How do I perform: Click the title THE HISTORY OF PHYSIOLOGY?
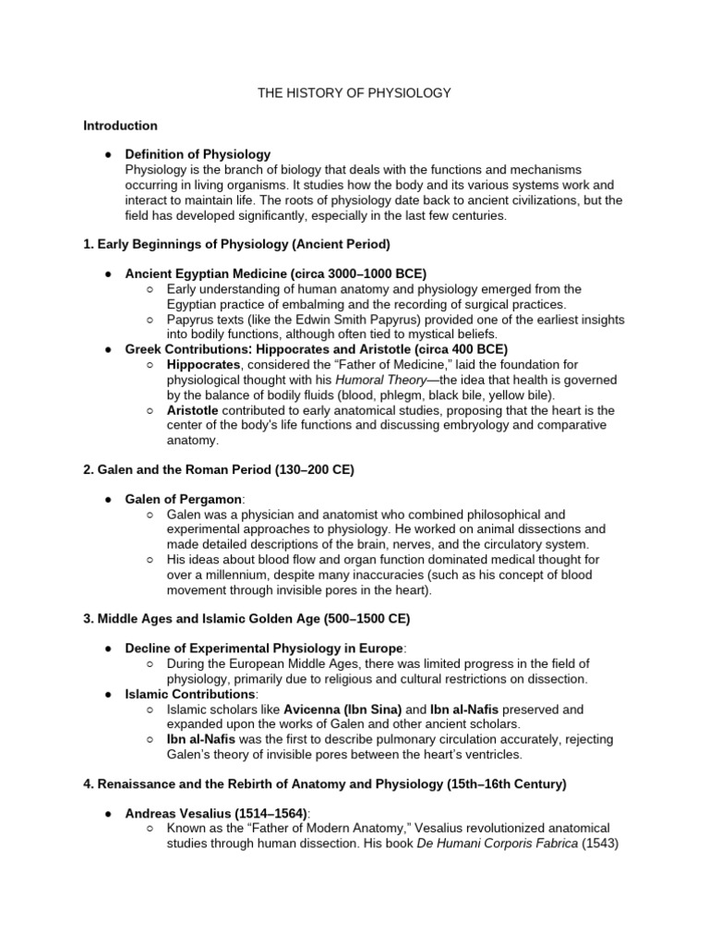pyautogui.click(x=354, y=93)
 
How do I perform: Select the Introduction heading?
pyautogui.click(x=120, y=126)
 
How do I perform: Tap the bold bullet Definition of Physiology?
pyautogui.click(x=198, y=154)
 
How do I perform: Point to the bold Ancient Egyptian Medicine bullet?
pyautogui.click(x=263, y=274)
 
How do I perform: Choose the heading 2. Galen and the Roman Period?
pyautogui.click(x=219, y=469)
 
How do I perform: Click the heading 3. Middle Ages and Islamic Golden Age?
pyautogui.click(x=246, y=619)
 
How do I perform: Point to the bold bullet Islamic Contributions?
pyautogui.click(x=189, y=694)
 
